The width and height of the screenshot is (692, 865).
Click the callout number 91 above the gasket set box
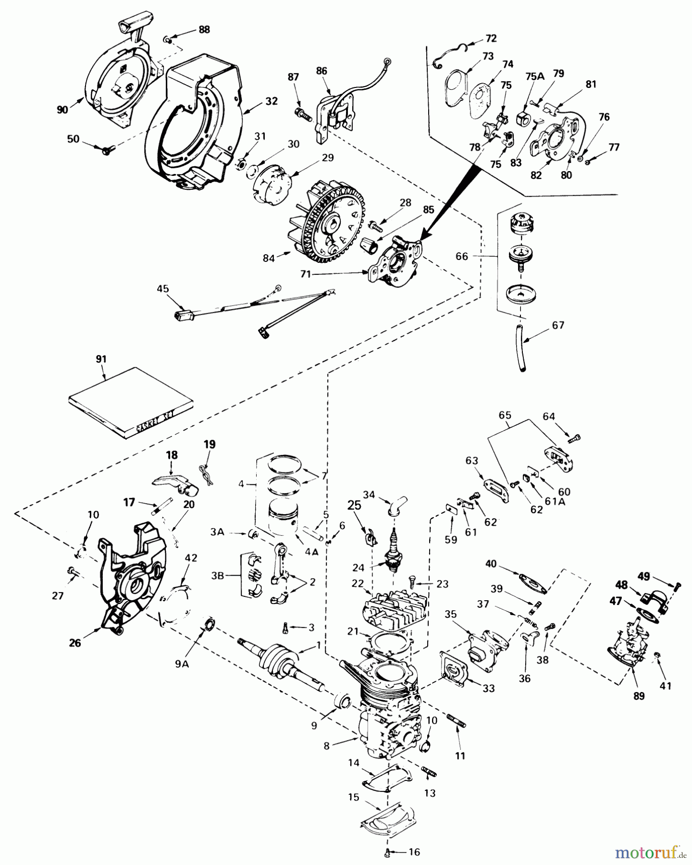click(x=101, y=359)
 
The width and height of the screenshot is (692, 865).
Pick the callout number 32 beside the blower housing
click(x=272, y=101)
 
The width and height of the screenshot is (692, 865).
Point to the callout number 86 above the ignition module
click(x=321, y=71)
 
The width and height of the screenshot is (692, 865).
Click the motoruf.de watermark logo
click(x=651, y=853)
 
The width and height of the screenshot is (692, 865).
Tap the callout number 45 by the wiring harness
click(x=163, y=289)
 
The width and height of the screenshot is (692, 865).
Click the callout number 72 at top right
click(x=491, y=38)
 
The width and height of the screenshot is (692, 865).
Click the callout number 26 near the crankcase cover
click(x=75, y=643)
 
